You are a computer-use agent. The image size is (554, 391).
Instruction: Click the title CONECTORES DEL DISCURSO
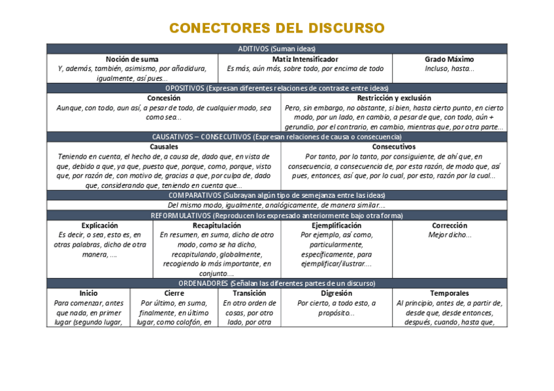click(x=277, y=28)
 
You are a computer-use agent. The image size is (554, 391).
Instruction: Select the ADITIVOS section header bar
click(x=277, y=49)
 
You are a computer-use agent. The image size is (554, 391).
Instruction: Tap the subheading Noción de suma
click(x=132, y=59)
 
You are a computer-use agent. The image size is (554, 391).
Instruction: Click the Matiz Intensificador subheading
click(x=305, y=59)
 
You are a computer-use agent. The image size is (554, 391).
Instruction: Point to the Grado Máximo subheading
click(x=449, y=59)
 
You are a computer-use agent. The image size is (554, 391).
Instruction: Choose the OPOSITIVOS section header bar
click(x=277, y=88)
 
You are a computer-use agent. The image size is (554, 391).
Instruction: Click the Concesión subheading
click(x=164, y=98)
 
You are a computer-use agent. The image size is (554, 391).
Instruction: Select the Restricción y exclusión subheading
click(x=394, y=98)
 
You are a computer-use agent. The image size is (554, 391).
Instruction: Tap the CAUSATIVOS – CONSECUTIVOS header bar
click(x=277, y=137)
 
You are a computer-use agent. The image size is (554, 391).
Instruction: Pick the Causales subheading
click(x=164, y=147)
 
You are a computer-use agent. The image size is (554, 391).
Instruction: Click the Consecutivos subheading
click(x=394, y=147)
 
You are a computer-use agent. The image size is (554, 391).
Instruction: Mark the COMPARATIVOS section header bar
click(x=277, y=195)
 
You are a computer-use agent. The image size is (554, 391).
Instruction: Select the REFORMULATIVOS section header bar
click(x=277, y=215)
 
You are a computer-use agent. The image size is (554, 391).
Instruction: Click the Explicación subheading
click(x=100, y=225)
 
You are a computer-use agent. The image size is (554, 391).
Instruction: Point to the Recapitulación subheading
click(x=217, y=225)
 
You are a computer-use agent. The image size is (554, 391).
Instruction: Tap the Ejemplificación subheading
click(x=336, y=225)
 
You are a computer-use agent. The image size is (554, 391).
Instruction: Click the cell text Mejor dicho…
click(x=449, y=235)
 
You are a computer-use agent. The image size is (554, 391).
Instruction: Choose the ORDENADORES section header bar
click(x=277, y=283)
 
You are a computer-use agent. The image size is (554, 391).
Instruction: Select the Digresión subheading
click(x=336, y=293)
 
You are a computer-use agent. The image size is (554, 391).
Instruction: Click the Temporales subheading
click(x=449, y=293)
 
